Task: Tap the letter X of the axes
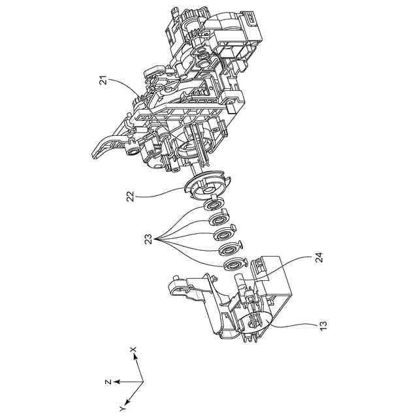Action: point(133,351)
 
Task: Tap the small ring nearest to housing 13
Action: point(233,264)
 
